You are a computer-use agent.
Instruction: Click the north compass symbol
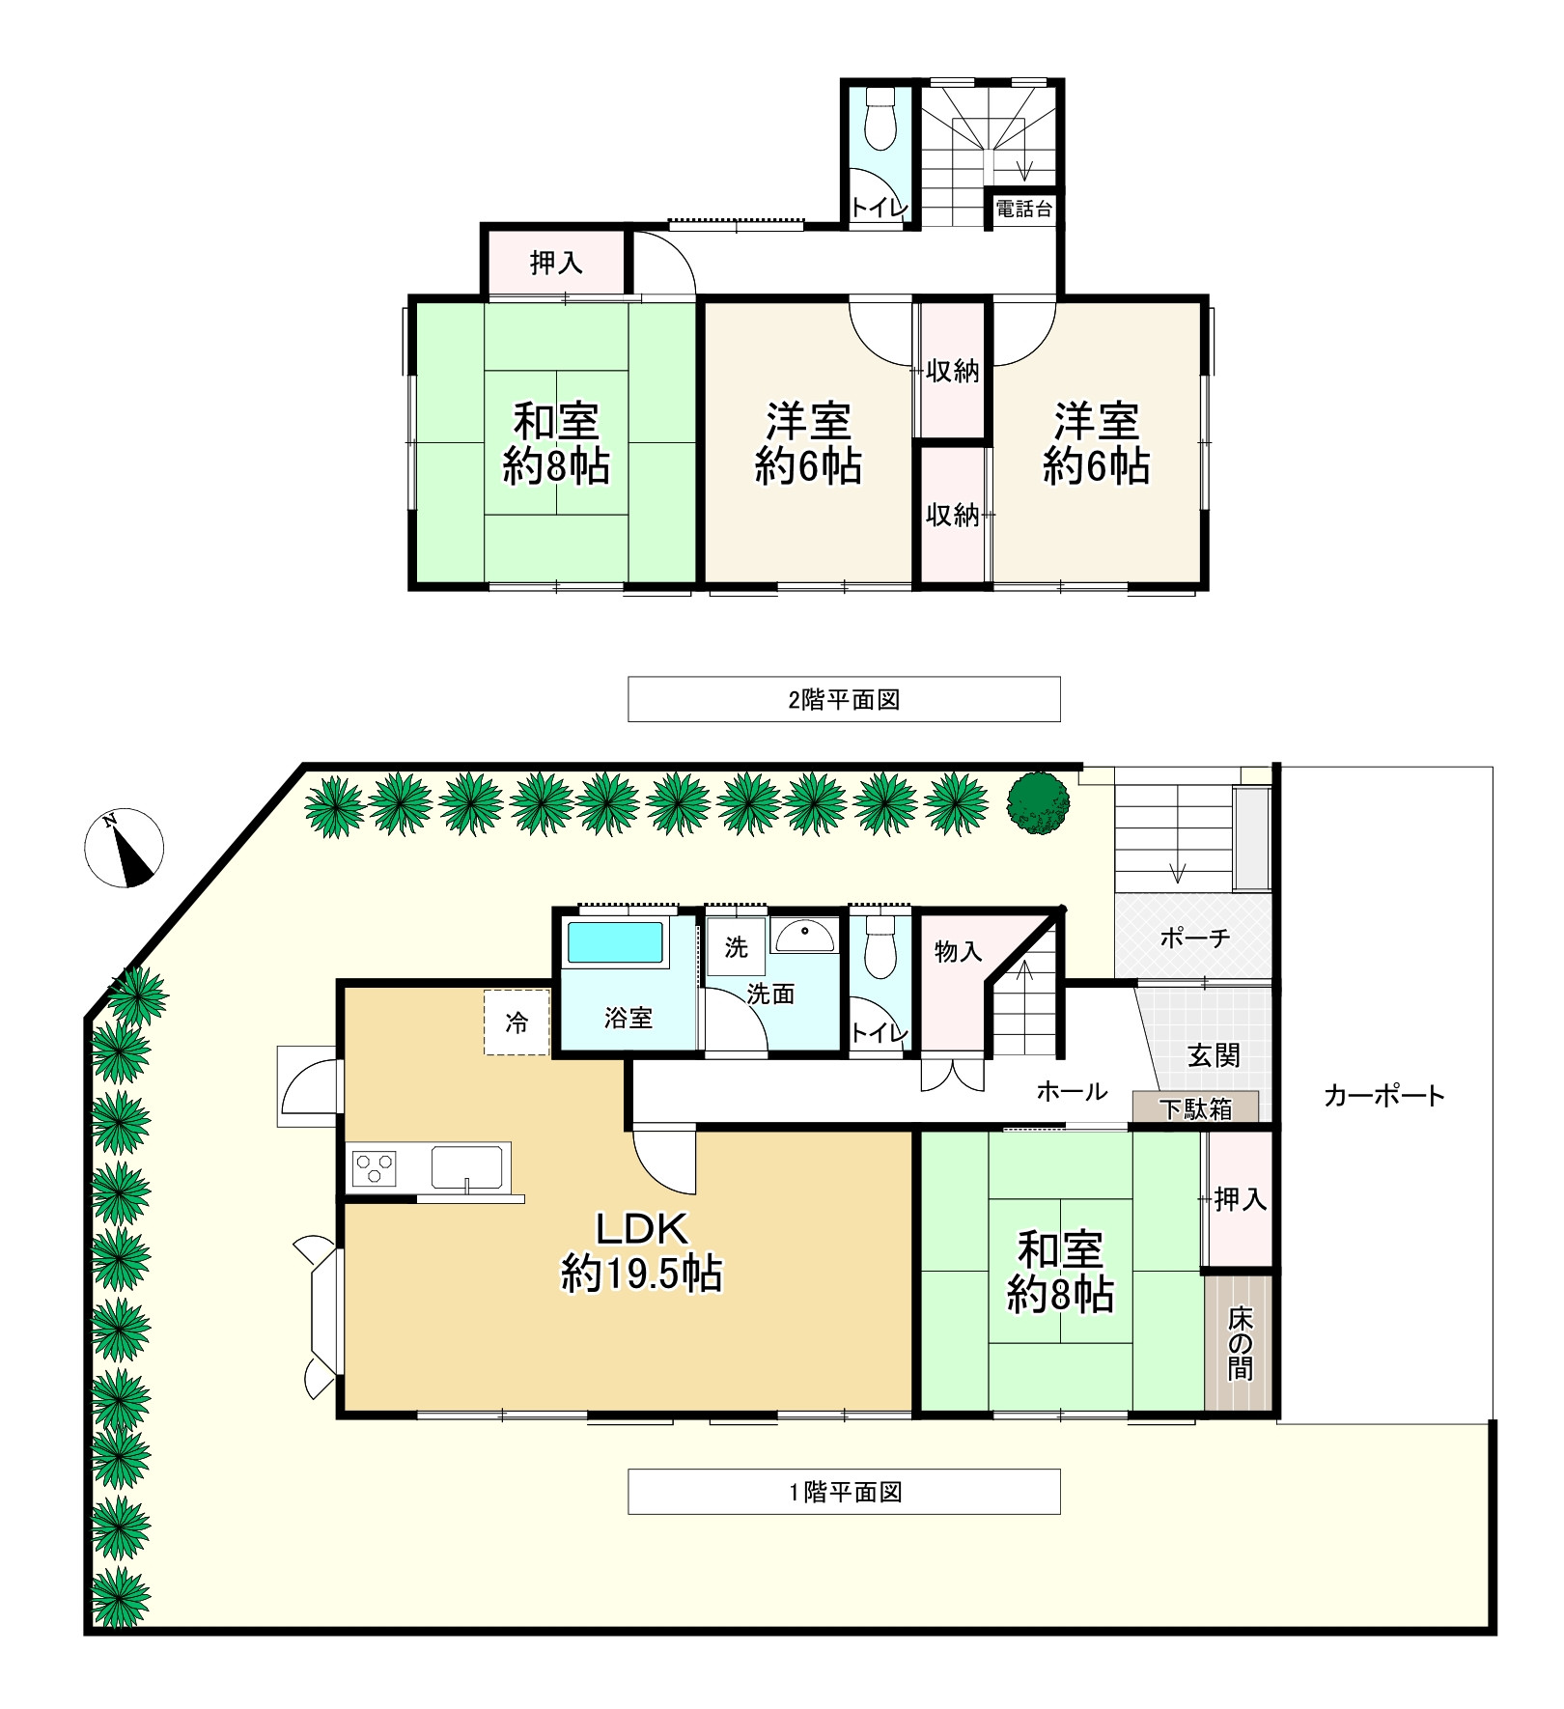coord(125,848)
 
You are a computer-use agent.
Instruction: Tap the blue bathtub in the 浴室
coord(615,942)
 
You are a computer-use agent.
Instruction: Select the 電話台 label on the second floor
coord(1023,209)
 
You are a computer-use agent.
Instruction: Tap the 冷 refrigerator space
coord(517,1023)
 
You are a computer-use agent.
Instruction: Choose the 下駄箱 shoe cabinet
coord(1195,1107)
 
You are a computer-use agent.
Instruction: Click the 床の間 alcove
coord(1240,1344)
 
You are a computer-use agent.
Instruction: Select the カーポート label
coord(1383,1095)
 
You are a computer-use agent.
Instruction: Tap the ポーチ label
coord(1194,938)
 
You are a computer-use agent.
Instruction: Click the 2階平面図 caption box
coord(844,699)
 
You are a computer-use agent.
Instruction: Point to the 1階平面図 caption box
coord(844,1492)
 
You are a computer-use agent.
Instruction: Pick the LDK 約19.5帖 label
coord(642,1252)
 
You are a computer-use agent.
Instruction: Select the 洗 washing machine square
coord(736,947)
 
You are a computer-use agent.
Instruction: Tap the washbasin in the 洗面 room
coord(803,935)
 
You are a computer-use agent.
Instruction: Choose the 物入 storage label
coord(958,952)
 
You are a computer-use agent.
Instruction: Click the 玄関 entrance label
coord(1214,1055)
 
